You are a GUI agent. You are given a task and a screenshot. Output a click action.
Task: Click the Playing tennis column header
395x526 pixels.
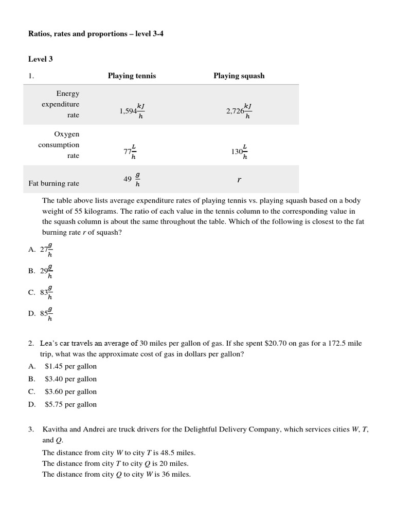click(x=132, y=76)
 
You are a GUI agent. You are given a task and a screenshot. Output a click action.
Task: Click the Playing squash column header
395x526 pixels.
click(x=239, y=76)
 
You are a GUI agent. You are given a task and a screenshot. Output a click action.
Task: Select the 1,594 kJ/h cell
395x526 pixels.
click(x=132, y=110)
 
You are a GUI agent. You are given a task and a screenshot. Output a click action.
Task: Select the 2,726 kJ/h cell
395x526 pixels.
click(x=239, y=110)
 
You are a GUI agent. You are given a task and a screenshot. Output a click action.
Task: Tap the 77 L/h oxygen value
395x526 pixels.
click(x=130, y=151)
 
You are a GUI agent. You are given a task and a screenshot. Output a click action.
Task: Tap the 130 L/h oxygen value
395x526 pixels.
click(x=239, y=151)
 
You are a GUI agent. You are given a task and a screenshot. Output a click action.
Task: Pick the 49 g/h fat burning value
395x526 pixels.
click(x=132, y=179)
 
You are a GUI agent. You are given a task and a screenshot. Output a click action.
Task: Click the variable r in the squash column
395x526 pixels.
click(x=239, y=180)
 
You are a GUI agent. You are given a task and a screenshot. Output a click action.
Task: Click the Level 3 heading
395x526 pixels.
click(x=41, y=59)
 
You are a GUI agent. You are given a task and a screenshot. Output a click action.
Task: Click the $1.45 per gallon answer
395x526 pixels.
click(x=70, y=366)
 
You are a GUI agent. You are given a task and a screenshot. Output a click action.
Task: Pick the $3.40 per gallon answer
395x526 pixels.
click(x=70, y=379)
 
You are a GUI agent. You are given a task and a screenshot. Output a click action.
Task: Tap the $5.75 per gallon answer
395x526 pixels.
click(x=70, y=404)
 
